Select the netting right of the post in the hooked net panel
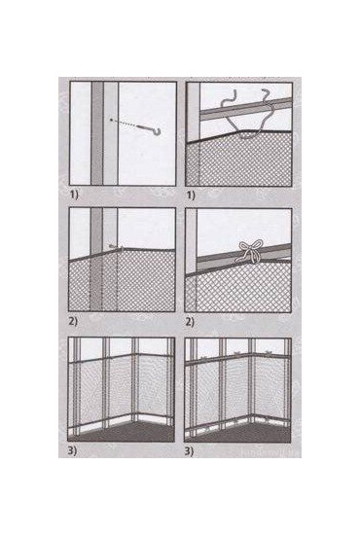[146, 282]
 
